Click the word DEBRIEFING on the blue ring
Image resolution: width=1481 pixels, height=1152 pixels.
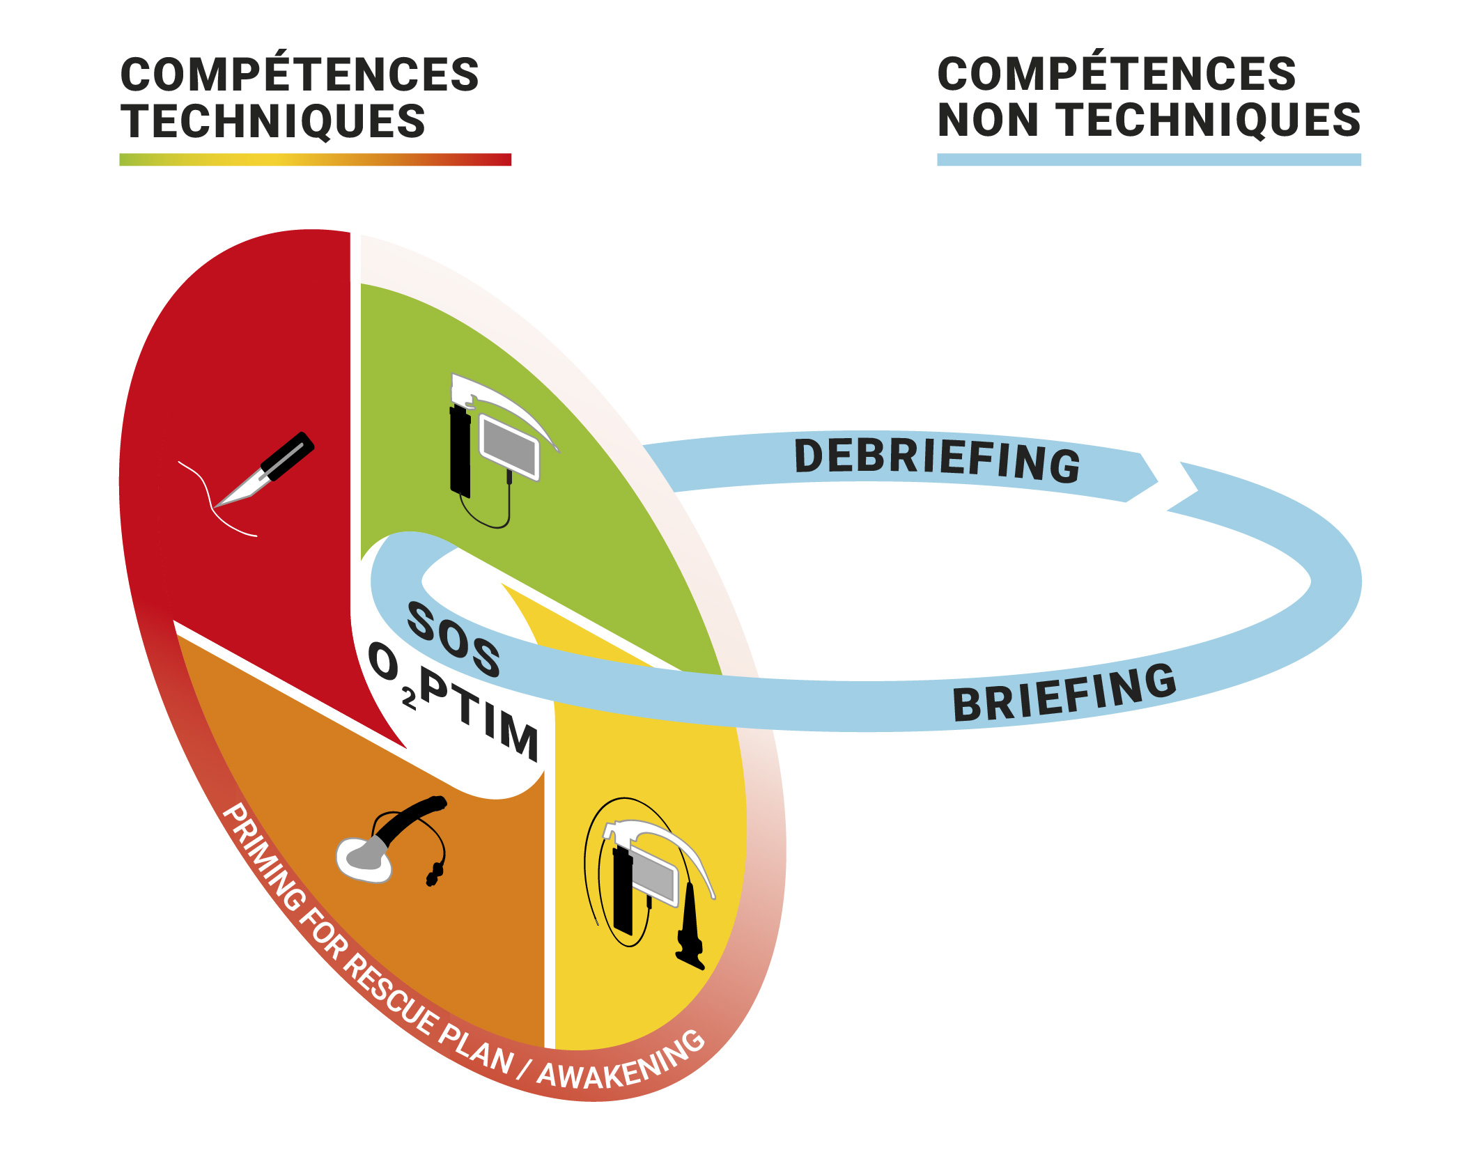pyautogui.click(x=937, y=460)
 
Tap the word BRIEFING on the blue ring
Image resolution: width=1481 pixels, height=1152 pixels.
pyautogui.click(x=1064, y=693)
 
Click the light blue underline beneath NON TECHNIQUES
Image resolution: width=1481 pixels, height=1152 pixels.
pyautogui.click(x=1149, y=159)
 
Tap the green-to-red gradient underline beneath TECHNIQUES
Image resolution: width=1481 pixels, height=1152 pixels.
pyautogui.click(x=315, y=159)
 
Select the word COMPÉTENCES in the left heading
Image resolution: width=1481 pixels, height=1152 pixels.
pyautogui.click(x=300, y=75)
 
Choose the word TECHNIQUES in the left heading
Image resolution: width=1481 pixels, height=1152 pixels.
pyautogui.click(x=272, y=121)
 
